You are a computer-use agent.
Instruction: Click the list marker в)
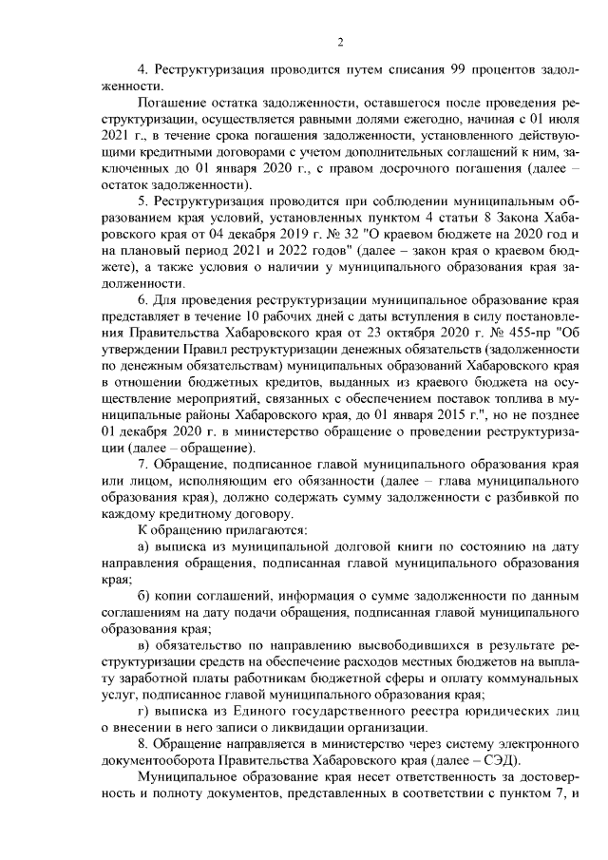144,649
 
